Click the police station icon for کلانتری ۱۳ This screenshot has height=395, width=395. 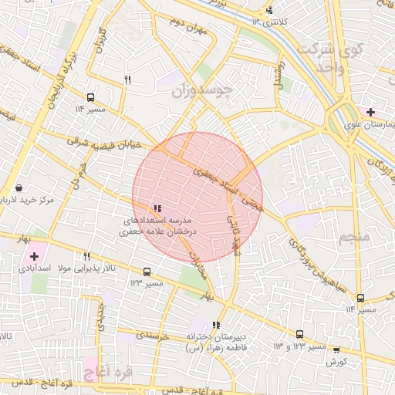(269, 10)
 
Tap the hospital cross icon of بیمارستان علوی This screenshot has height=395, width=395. (371, 112)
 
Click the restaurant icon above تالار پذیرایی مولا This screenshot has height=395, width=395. (87, 256)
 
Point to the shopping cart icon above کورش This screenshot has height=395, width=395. (336, 349)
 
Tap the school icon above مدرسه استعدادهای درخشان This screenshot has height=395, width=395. (157, 208)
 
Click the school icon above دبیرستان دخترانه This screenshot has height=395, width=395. (216, 325)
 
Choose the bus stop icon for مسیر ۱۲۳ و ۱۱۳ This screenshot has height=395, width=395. (299, 334)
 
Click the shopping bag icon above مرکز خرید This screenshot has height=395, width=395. (18, 187)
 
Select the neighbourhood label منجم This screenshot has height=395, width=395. (355, 237)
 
